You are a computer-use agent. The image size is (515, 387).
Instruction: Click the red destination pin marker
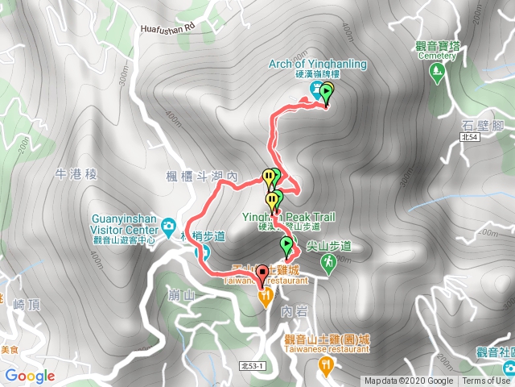(x=261, y=275)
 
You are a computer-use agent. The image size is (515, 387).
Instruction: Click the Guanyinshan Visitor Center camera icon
(x=168, y=225)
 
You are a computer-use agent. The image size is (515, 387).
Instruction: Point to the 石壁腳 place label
(x=483, y=125)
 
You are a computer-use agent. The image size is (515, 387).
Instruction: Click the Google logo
(x=30, y=376)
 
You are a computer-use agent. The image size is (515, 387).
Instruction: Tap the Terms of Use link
(x=484, y=381)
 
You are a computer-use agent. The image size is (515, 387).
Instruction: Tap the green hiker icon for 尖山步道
(x=328, y=263)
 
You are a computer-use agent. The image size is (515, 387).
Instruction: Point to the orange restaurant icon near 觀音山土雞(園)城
(x=326, y=365)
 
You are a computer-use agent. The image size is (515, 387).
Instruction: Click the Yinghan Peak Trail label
(x=289, y=217)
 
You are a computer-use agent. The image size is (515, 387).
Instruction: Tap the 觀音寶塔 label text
(x=436, y=46)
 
